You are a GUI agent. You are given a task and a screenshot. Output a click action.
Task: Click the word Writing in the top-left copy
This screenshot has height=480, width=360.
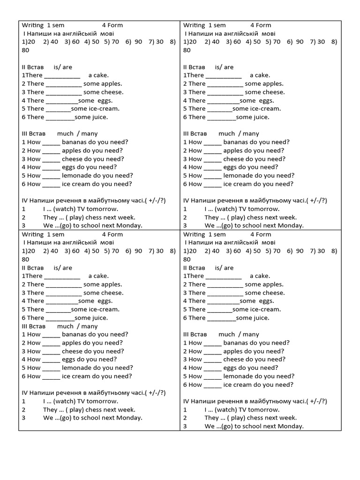[x=33, y=25]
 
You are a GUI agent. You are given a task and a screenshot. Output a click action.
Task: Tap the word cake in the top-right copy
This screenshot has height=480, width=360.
[x=263, y=75]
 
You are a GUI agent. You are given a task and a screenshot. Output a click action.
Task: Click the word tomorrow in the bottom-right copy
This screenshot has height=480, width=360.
[x=263, y=410]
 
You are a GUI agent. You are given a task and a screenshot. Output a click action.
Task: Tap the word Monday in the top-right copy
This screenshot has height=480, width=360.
[x=291, y=226]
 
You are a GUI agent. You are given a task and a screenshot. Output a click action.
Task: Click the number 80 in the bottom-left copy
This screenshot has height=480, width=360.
[x=25, y=259]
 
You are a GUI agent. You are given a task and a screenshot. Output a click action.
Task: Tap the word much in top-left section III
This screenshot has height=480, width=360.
[x=65, y=134]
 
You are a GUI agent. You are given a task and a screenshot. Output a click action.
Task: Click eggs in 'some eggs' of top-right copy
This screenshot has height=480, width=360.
[x=266, y=101]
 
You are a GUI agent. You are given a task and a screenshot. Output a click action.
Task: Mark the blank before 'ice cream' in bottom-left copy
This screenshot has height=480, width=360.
[x=51, y=376]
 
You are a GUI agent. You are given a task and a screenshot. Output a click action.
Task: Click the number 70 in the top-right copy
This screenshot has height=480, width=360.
[x=276, y=42]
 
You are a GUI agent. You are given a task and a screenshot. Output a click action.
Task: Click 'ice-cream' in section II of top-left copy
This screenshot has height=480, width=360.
[x=102, y=109]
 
